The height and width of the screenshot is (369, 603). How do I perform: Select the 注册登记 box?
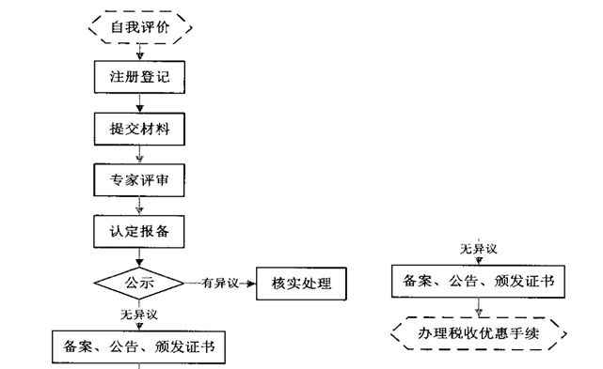click(x=139, y=76)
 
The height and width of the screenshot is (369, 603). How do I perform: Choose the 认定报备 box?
click(x=139, y=228)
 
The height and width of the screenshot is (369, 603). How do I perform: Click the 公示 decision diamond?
click(x=139, y=282)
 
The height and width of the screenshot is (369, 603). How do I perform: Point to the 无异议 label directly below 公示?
click(x=138, y=314)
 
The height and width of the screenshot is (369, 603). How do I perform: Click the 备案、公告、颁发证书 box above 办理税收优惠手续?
click(x=478, y=281)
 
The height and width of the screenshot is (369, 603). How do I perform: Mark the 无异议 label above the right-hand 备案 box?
click(x=478, y=249)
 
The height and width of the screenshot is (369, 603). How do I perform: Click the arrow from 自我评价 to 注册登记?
click(x=139, y=53)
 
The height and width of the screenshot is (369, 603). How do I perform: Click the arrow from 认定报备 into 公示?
click(x=139, y=255)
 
